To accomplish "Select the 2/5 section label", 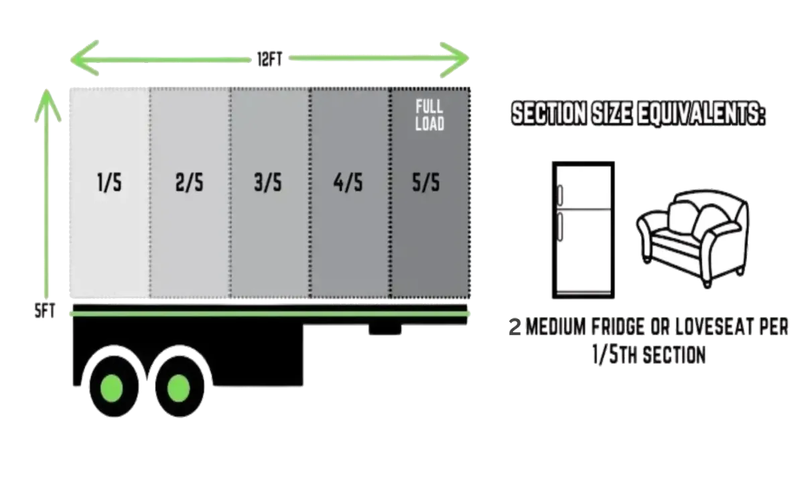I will (189, 184).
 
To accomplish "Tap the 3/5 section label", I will (268, 184).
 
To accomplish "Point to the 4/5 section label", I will (348, 184).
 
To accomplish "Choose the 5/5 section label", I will (427, 184).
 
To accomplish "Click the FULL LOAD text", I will (429, 115).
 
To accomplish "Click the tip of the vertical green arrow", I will (48, 93).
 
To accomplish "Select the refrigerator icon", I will (582, 229).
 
